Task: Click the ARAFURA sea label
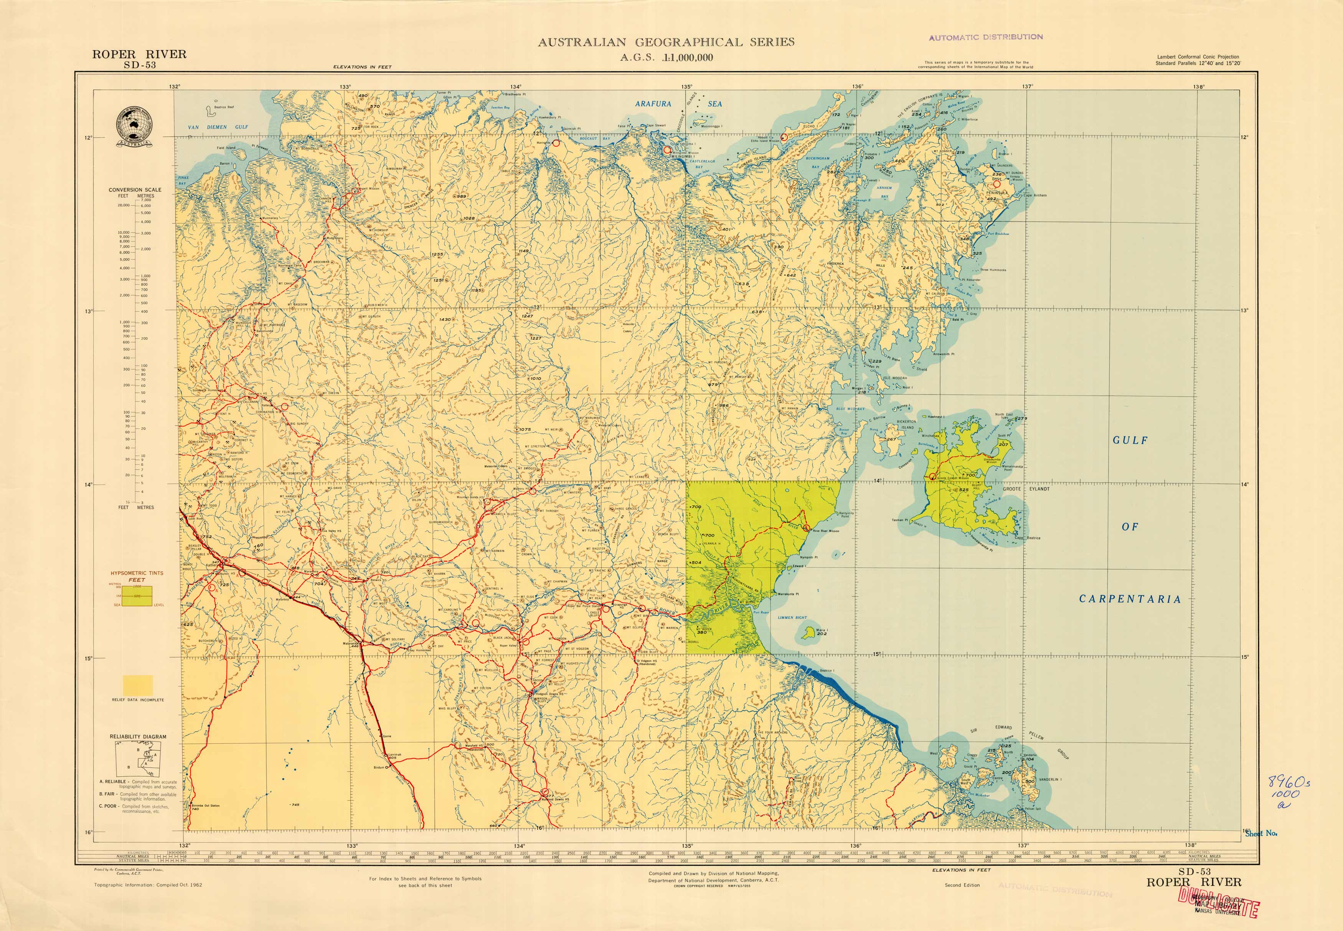tap(653, 104)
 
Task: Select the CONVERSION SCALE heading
tap(135, 189)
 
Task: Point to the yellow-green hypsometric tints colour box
tap(137, 596)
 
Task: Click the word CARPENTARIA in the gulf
tap(1130, 599)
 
